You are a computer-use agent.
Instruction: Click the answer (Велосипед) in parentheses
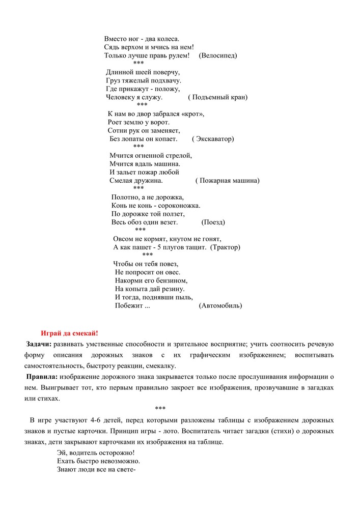pyautogui.click(x=218, y=55)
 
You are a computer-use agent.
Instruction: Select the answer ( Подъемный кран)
pyautogui.click(x=217, y=97)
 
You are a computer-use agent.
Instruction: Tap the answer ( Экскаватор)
pyautogui.click(x=213, y=138)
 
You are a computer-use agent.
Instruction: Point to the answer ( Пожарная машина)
pyautogui.click(x=227, y=180)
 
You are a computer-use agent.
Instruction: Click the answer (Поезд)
pyautogui.click(x=213, y=222)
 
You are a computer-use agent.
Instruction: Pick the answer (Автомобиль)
pyautogui.click(x=220, y=305)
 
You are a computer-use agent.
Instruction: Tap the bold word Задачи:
pyautogui.click(x=39, y=344)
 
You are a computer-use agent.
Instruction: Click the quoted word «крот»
pyautogui.click(x=193, y=114)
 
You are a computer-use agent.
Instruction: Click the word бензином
pyautogui.click(x=173, y=280)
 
